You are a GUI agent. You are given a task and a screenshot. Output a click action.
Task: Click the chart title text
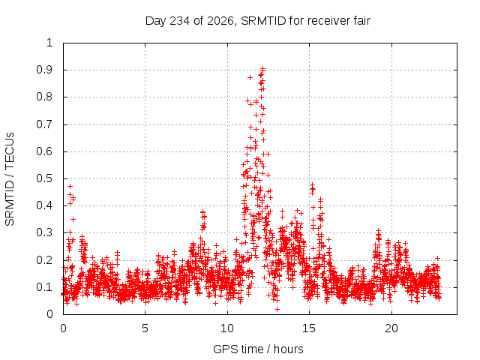pos(258,21)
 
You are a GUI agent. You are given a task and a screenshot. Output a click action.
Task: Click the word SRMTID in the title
pos(263,21)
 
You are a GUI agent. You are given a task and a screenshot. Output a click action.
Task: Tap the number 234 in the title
pos(180,21)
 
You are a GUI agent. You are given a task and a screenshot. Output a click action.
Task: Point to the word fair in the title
pos(361,21)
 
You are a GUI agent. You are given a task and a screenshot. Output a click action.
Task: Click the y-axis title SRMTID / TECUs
pos(10,179)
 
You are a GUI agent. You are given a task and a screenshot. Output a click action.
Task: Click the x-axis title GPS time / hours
pos(258,349)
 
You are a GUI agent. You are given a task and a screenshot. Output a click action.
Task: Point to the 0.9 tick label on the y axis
pos(44,70)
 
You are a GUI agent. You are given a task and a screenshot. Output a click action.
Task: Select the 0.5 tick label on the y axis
pos(44,178)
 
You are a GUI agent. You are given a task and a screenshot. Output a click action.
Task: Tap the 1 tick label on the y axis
pos(49,43)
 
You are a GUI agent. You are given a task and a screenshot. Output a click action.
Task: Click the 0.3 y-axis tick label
pos(44,232)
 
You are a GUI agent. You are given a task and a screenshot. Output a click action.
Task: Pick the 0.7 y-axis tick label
pos(44,124)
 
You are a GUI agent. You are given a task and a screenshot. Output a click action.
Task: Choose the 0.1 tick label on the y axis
pos(44,287)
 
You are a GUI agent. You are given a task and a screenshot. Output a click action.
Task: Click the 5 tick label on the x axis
pos(145,328)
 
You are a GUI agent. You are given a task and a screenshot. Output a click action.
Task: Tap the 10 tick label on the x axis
pos(227,328)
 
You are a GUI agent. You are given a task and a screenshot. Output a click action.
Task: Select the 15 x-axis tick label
pos(309,328)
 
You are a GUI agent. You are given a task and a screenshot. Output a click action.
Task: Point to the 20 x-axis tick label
pos(391,328)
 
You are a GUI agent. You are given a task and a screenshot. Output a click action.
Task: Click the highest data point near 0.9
pos(262,69)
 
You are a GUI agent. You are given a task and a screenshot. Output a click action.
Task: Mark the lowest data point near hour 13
pos(277,310)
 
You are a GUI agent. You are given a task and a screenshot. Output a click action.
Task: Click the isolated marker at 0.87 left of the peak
pos(250,78)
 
